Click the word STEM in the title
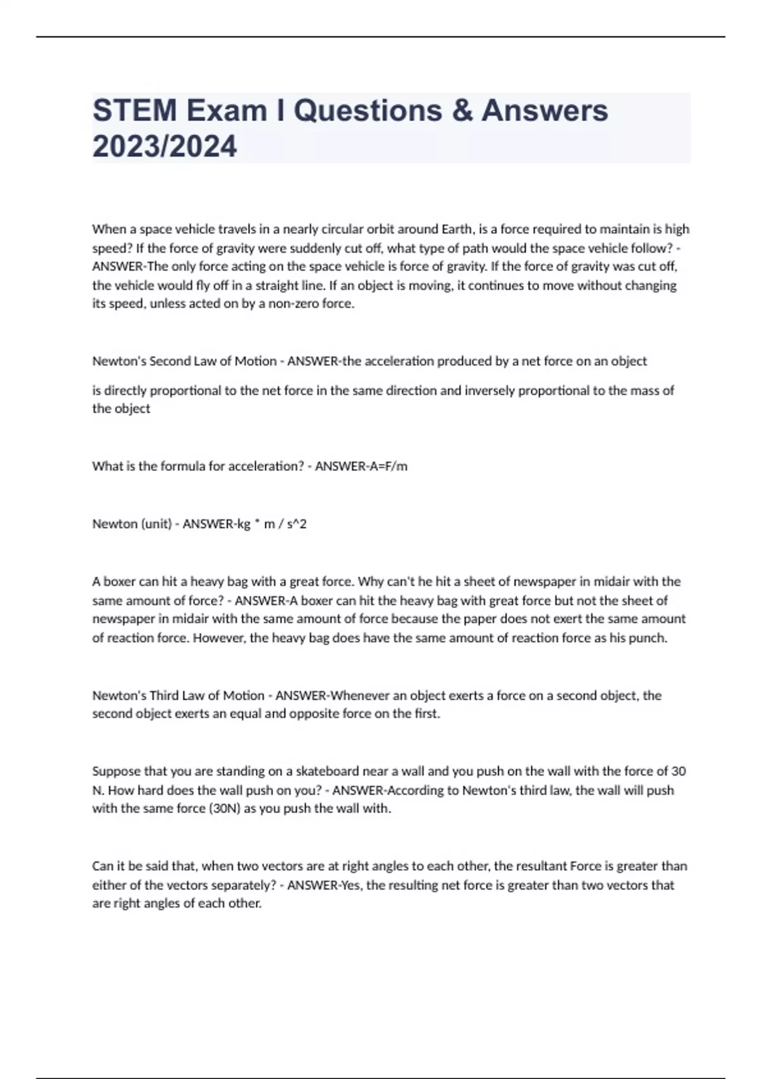(134, 110)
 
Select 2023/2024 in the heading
(164, 147)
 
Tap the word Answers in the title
(544, 110)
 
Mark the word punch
(648, 639)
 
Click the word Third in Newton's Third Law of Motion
(164, 696)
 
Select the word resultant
(530, 866)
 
